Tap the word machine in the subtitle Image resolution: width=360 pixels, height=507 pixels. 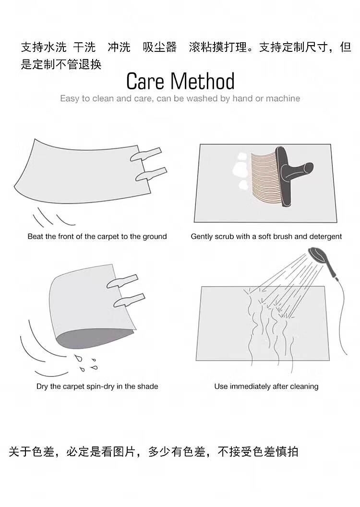coord(283,98)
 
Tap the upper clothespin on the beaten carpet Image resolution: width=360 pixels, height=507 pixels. coord(146,154)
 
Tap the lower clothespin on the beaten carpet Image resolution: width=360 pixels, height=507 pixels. coord(151,174)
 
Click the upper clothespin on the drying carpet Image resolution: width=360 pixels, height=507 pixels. coord(122,281)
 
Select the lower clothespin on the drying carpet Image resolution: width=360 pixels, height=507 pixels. coord(129,301)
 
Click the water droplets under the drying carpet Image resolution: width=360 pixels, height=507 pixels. coord(85,363)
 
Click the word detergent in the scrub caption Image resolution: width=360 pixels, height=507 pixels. coord(325,237)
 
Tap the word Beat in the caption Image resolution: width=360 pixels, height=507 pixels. coord(35,236)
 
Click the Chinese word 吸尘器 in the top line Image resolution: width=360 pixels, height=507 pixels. coord(160,47)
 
